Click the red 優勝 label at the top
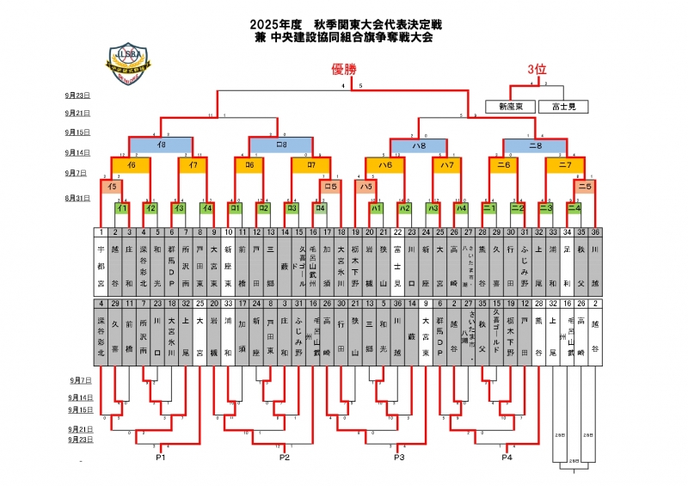point(345,69)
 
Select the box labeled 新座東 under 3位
point(510,107)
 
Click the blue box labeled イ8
point(160,145)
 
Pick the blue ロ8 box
point(280,145)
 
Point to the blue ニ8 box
point(535,145)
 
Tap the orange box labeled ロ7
point(310,163)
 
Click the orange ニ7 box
point(565,163)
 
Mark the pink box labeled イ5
point(113,185)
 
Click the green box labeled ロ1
point(233,207)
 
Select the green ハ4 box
point(461,207)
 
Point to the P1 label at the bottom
point(160,457)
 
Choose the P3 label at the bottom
point(399,457)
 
